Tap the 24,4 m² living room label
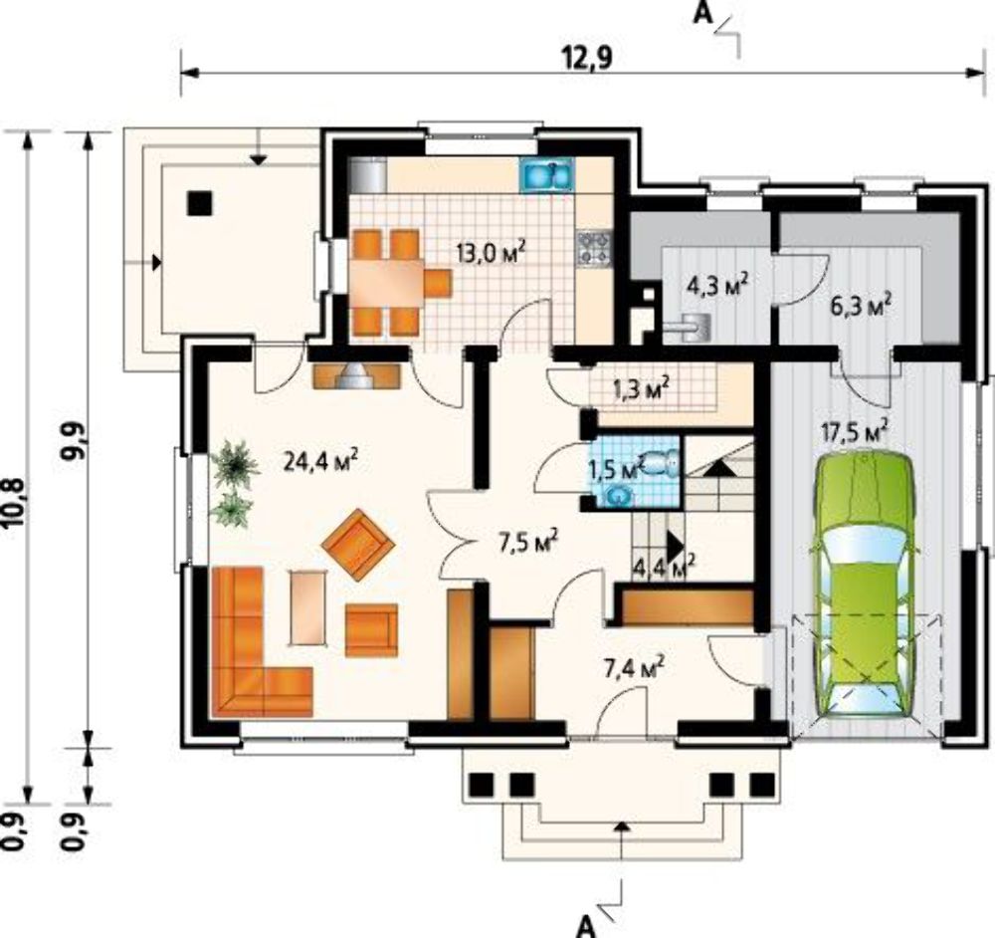coord(321,461)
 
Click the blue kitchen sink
coord(547,174)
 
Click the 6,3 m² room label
coord(861,307)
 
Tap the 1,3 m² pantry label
coord(642,388)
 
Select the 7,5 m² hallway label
coord(528,542)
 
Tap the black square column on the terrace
coord(200,204)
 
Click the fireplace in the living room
coord(357,376)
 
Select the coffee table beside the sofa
coord(308,607)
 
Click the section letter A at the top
coord(702,13)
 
